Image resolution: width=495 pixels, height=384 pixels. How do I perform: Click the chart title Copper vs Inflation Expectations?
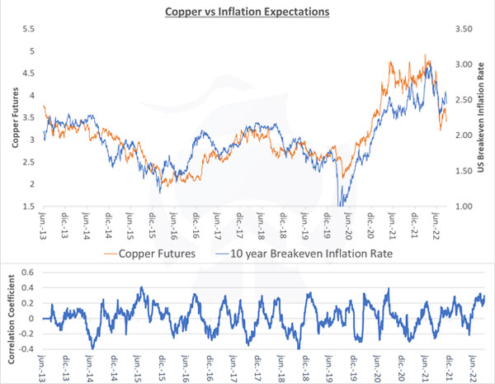pos(247,12)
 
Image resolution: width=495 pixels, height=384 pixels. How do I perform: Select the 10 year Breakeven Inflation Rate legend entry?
pos(305,254)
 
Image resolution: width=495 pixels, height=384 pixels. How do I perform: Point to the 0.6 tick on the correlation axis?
pos(25,272)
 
